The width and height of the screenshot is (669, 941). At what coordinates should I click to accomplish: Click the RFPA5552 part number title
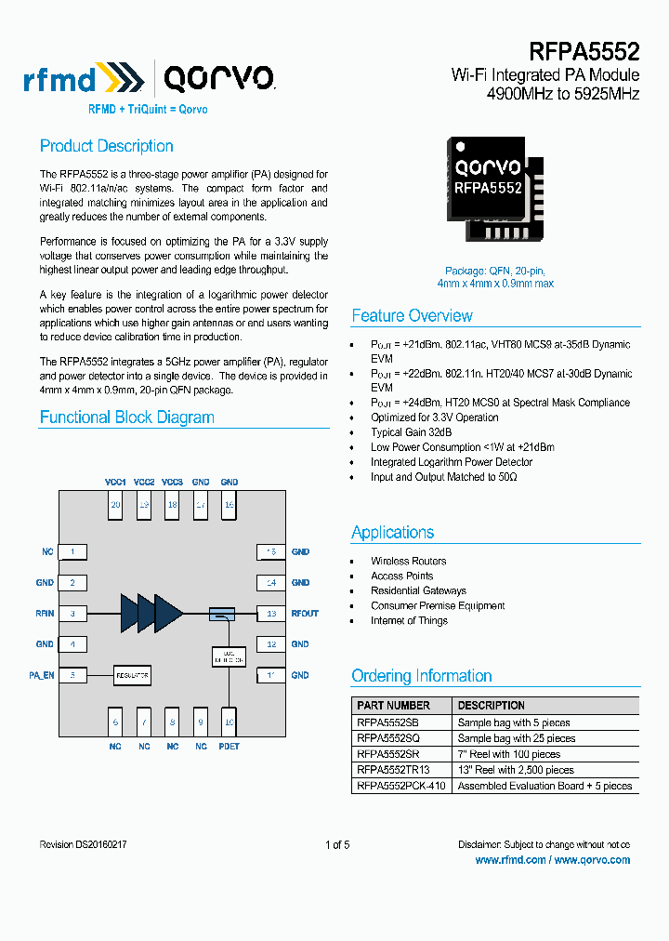pos(584,51)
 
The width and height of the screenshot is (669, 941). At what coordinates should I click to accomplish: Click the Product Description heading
pos(106,146)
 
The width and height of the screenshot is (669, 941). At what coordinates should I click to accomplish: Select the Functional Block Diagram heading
pos(126,417)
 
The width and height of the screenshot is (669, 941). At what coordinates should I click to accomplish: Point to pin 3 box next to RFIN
pos(72,614)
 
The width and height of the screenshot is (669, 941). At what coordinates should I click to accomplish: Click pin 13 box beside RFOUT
pos(270,614)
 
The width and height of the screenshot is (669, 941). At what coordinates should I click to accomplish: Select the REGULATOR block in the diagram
pos(132,674)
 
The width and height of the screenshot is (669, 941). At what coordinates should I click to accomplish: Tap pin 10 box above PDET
pos(229,721)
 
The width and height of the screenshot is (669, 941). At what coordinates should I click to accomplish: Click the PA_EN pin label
pos(41,675)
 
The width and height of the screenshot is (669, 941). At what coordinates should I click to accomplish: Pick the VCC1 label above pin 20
pos(115,482)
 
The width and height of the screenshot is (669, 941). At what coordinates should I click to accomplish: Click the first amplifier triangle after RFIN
pos(130,613)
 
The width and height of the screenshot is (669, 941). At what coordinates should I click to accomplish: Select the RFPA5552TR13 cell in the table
pos(393,770)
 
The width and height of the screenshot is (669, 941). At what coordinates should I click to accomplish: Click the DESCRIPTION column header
pos(491,706)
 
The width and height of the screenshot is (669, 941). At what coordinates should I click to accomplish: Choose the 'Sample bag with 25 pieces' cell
pos(516,738)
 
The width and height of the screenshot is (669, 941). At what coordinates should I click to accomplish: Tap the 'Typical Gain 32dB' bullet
pos(412,432)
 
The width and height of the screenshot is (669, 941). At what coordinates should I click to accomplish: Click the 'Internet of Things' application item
pos(409,620)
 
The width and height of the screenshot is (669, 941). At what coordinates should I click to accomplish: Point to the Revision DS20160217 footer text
pos(84,845)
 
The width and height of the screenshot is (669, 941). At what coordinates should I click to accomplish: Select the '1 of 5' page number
pos(337,845)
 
